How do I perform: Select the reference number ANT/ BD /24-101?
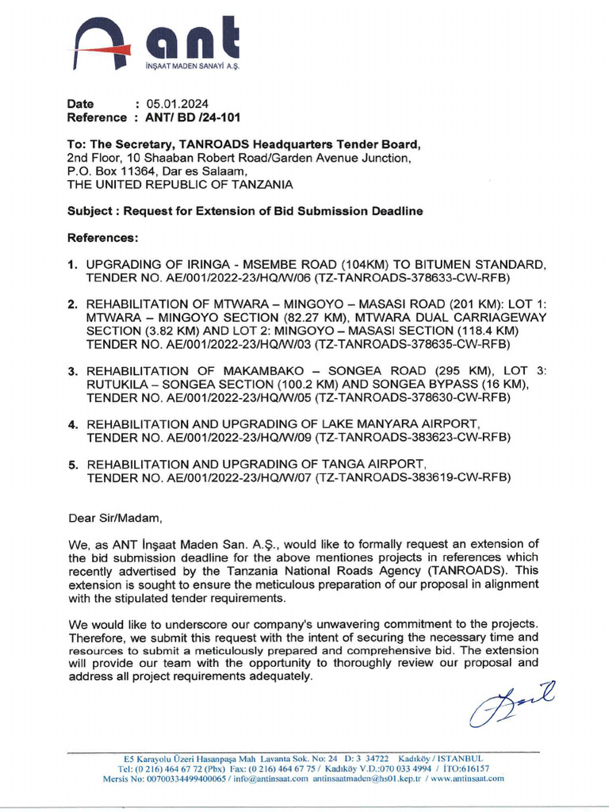[192, 117]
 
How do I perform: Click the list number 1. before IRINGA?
[72, 263]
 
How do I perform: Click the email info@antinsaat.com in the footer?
[265, 779]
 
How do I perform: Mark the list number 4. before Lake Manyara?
[72, 423]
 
